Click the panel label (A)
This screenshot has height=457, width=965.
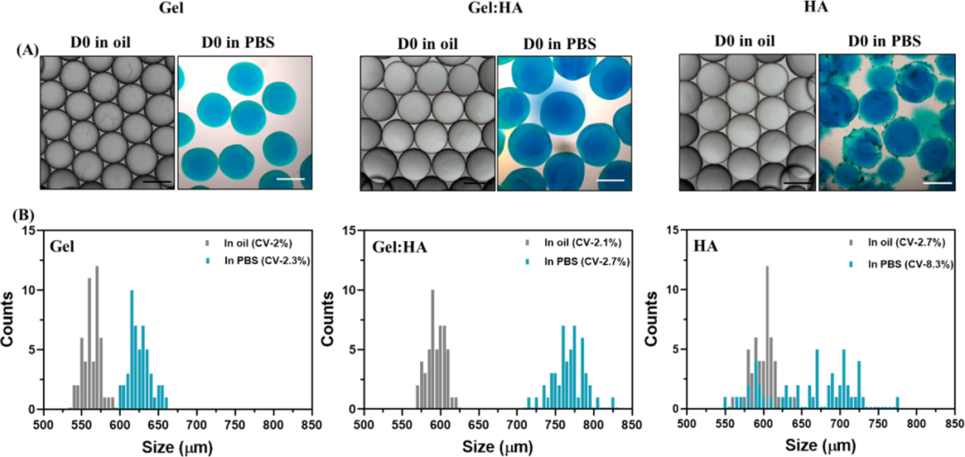click(27, 50)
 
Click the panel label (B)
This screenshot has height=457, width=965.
click(27, 215)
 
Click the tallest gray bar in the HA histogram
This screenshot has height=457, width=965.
click(767, 337)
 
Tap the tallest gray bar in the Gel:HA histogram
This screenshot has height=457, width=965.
click(432, 349)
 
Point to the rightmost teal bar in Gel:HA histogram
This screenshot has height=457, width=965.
click(613, 403)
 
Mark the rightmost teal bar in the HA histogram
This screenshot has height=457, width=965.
click(897, 403)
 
